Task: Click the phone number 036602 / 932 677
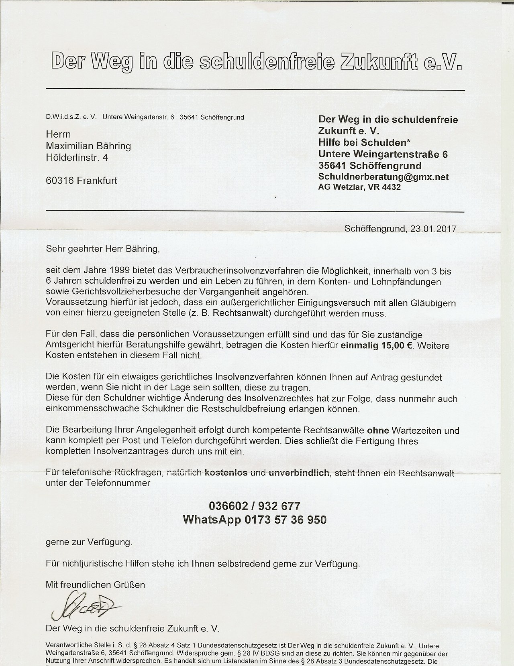(254, 505)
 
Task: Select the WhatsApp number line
(255, 520)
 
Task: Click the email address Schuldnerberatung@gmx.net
(383, 177)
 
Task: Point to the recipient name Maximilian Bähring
(88, 146)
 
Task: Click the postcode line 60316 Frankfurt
(82, 181)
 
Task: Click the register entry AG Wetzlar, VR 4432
(359, 187)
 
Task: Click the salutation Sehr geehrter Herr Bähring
(103, 249)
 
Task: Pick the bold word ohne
(378, 430)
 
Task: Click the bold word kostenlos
(226, 473)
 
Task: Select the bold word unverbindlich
(299, 473)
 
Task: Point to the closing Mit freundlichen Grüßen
(95, 585)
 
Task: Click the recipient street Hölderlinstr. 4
(77, 158)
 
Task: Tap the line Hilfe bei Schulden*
(364, 142)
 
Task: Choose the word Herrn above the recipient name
(59, 134)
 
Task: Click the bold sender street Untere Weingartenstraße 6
(383, 154)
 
